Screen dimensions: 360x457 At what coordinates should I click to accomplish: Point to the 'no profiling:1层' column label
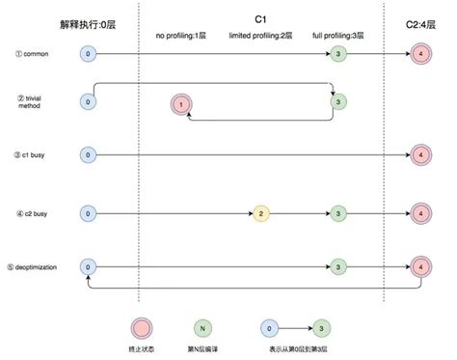pyautogui.click(x=180, y=37)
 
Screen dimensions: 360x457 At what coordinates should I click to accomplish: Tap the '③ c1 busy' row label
pyautogui.click(x=33, y=154)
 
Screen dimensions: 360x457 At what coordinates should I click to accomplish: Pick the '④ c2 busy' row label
pyautogui.click(x=33, y=212)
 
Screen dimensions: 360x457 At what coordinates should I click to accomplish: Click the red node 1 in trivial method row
pyautogui.click(x=179, y=103)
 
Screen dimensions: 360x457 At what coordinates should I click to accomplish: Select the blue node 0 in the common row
pyautogui.click(x=89, y=54)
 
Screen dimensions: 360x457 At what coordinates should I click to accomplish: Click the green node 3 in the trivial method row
pyautogui.click(x=337, y=100)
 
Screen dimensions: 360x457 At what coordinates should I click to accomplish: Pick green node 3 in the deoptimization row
pyautogui.click(x=337, y=265)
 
